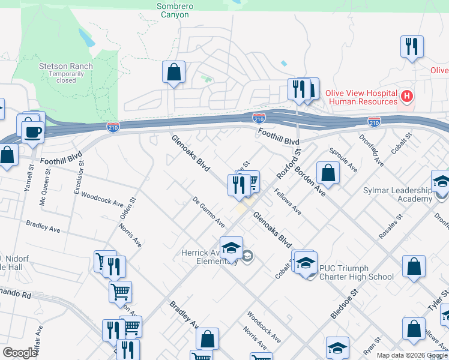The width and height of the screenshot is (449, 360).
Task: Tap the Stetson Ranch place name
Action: [66, 66]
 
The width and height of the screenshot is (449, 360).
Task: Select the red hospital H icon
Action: [408, 96]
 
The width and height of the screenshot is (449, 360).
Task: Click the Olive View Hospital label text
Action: [361, 94]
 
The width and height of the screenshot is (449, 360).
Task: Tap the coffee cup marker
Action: [32, 131]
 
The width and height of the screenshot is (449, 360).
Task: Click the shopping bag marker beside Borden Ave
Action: [328, 173]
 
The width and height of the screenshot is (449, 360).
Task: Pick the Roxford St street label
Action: [288, 164]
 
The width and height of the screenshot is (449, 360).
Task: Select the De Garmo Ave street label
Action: [209, 212]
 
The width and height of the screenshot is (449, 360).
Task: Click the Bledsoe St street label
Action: [344, 304]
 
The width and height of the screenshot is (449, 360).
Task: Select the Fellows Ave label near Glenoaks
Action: [288, 202]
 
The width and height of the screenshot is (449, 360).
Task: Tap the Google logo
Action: [20, 353]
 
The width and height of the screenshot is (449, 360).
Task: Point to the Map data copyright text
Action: [411, 355]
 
